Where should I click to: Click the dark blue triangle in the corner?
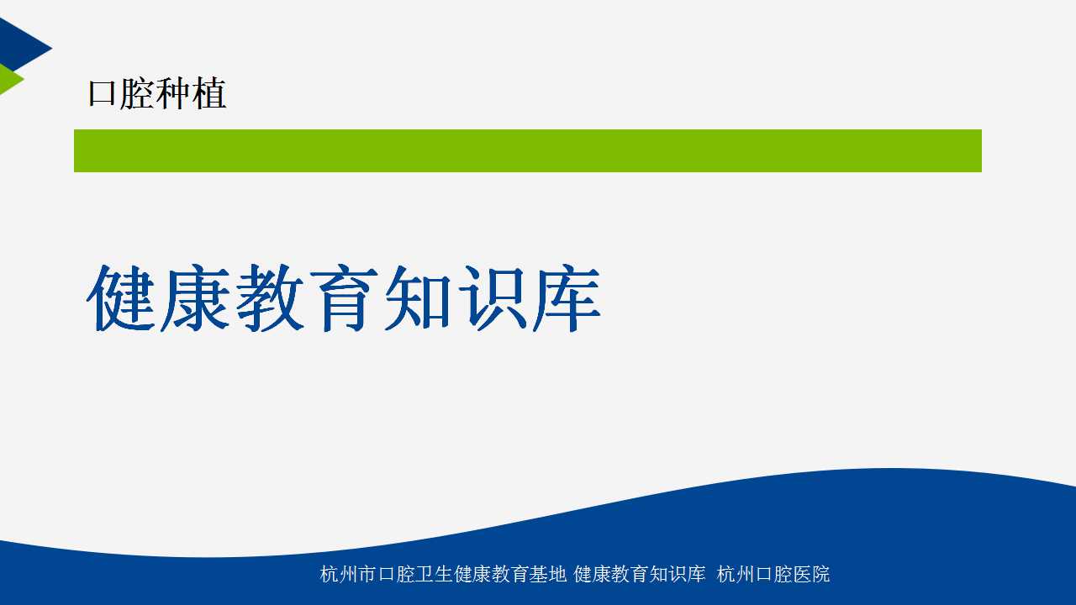(19, 45)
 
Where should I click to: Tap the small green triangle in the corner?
(8, 79)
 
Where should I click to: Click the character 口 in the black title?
(102, 93)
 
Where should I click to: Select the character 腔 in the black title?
(136, 93)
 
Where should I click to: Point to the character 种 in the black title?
(172, 93)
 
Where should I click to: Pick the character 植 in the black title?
(208, 93)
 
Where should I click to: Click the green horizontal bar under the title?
(527, 150)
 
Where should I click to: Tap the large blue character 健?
(121, 297)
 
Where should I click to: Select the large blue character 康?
(195, 297)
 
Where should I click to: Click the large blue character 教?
(270, 297)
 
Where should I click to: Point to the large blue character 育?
(344, 297)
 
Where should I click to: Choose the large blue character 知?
(418, 297)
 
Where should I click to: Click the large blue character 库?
(567, 297)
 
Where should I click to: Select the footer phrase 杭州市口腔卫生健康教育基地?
(443, 574)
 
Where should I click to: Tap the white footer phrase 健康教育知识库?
(640, 574)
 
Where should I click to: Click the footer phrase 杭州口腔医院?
(773, 574)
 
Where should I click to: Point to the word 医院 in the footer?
(812, 574)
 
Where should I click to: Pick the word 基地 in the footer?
(549, 574)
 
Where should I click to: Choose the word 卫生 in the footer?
(434, 574)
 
